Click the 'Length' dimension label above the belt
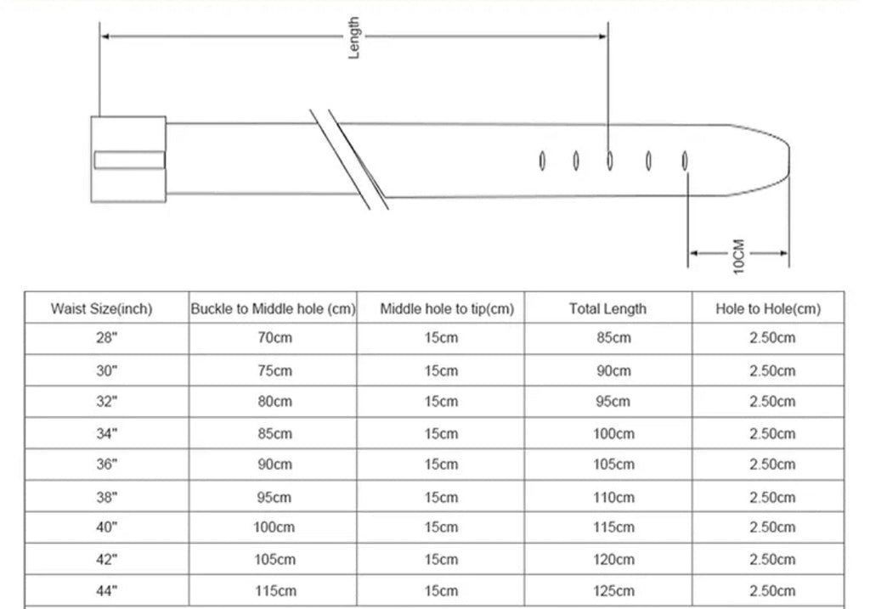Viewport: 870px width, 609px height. [x=354, y=37]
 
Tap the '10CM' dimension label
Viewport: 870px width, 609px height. [x=738, y=257]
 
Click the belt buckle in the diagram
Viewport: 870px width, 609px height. [x=128, y=159]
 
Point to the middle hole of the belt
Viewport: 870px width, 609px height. [x=610, y=161]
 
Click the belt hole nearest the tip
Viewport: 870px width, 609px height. [x=685, y=161]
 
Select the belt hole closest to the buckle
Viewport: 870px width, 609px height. [x=542, y=161]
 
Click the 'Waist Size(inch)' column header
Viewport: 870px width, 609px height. [x=102, y=309]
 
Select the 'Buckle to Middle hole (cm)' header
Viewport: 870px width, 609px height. [x=273, y=309]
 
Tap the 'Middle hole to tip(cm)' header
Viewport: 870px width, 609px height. [x=447, y=309]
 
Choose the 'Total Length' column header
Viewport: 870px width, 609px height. [x=607, y=309]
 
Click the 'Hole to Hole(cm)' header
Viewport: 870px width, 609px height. [x=768, y=309]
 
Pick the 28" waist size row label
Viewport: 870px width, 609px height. [x=106, y=338]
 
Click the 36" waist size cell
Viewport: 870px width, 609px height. [x=106, y=465]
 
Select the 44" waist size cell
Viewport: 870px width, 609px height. [x=106, y=590]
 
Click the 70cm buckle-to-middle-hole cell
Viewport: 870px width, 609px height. [x=274, y=338]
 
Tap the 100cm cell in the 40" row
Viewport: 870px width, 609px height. [x=274, y=527]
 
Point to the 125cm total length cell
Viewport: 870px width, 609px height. [x=613, y=590]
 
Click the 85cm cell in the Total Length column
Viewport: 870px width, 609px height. [x=613, y=338]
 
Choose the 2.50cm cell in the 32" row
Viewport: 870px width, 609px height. [x=772, y=401]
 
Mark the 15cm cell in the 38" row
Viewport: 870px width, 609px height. [x=441, y=497]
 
